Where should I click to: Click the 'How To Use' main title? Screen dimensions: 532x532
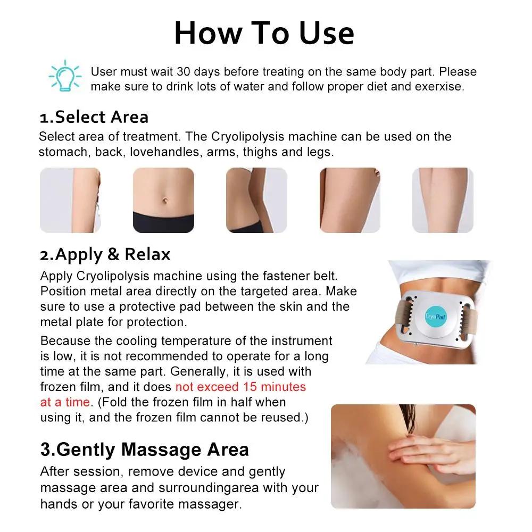pyautogui.click(x=264, y=33)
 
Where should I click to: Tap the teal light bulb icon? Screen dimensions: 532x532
pyautogui.click(x=64, y=76)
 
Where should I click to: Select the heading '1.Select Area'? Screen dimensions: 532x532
pyautogui.click(x=94, y=117)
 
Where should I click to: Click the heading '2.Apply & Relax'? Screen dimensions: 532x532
pyautogui.click(x=105, y=254)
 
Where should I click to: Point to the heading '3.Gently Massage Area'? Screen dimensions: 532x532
pyautogui.click(x=144, y=450)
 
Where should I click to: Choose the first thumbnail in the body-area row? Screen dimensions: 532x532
pyautogui.click(x=70, y=200)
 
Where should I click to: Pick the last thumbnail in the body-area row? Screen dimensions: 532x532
pyautogui.click(x=443, y=200)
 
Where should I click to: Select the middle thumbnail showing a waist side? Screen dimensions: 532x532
pyautogui.click(x=256, y=200)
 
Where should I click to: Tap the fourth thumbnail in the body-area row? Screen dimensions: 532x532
pyautogui.click(x=350, y=200)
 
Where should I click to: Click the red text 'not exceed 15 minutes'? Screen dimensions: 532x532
pyautogui.click(x=240, y=386)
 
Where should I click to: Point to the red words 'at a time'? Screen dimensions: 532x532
pyautogui.click(x=65, y=402)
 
